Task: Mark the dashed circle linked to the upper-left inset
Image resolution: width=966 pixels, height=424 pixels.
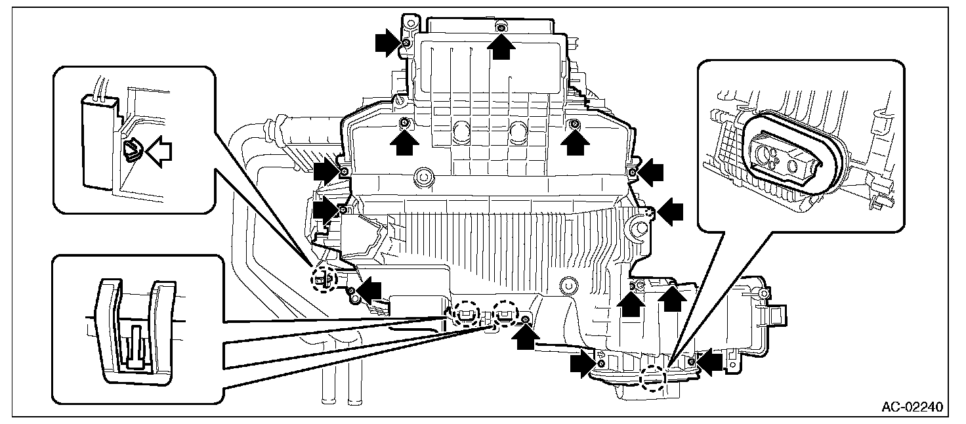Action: pos(324,279)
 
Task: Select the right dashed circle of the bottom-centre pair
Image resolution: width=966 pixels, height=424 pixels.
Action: pos(505,313)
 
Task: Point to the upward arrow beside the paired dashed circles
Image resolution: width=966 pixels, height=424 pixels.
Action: pos(525,335)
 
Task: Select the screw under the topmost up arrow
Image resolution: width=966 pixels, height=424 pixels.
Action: pos(501,27)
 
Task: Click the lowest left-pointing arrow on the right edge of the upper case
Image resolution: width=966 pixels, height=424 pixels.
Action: pos(670,211)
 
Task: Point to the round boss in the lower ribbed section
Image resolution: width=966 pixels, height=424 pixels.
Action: pos(568,286)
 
